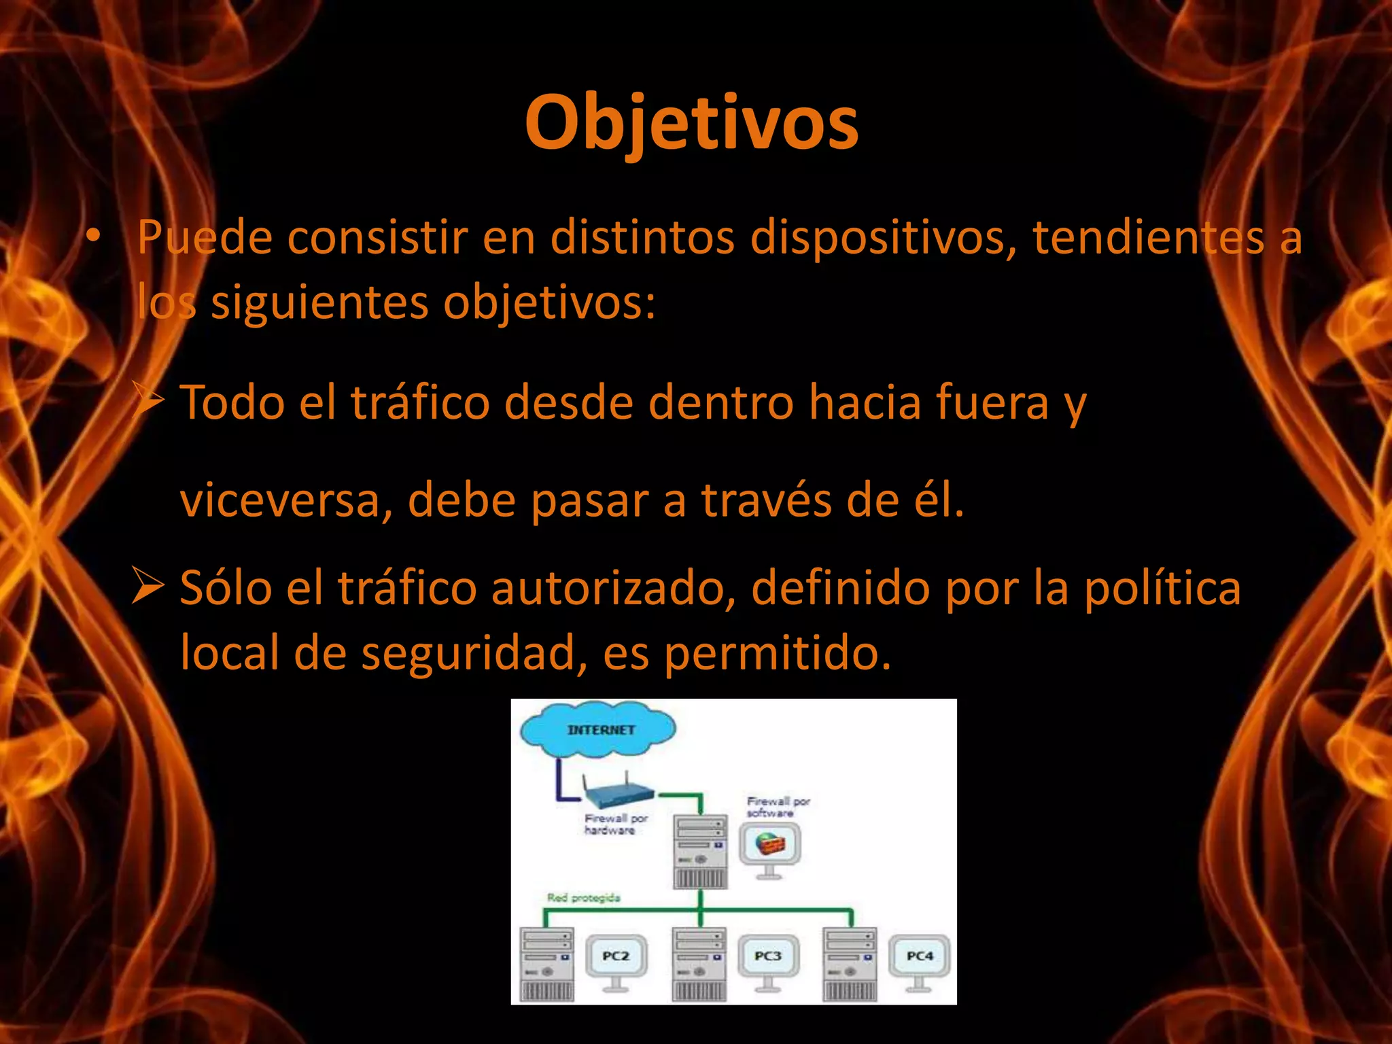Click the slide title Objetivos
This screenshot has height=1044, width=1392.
pos(691,122)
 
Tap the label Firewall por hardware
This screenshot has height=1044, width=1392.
pos(616,824)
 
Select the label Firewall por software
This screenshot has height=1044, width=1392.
pos(778,807)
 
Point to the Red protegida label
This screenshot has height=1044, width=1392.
pos(583,898)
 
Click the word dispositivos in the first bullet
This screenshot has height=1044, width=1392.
pos(877,238)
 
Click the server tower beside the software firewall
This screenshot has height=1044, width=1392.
pos(700,852)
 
